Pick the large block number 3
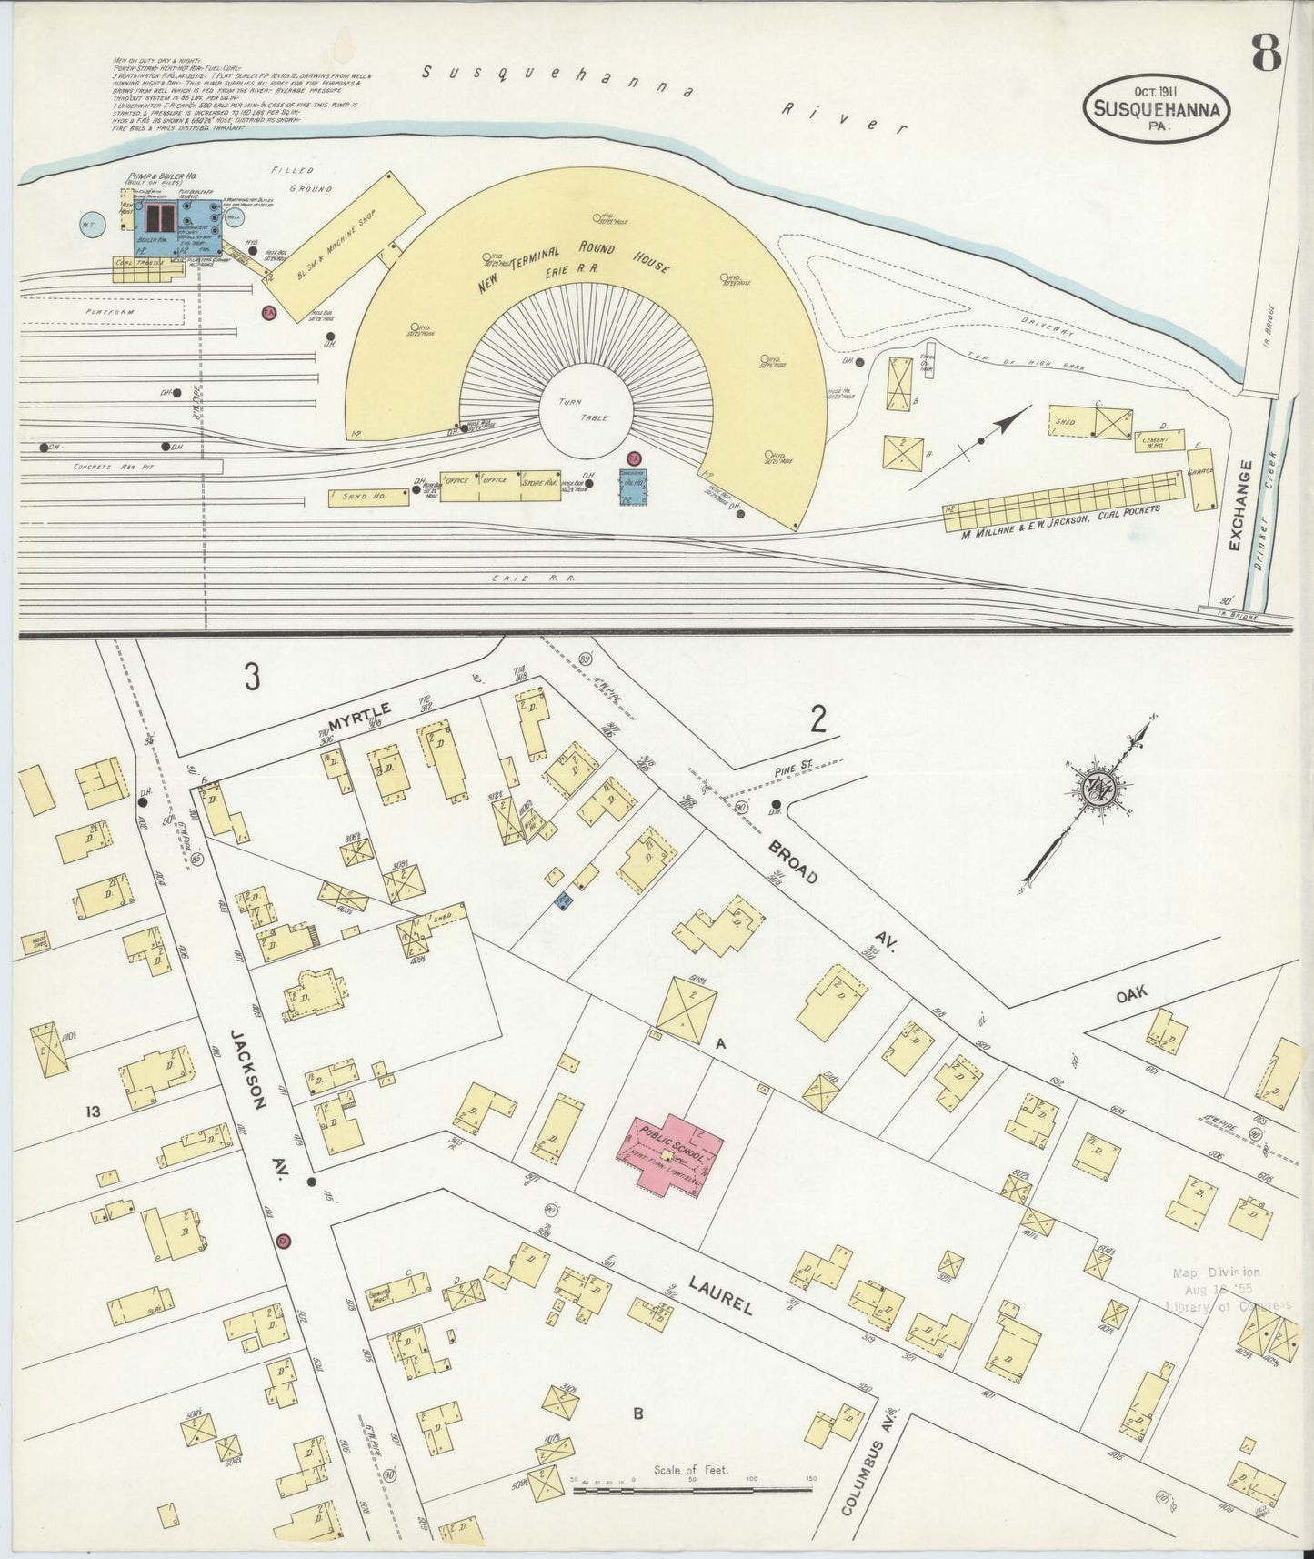[x=251, y=677]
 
